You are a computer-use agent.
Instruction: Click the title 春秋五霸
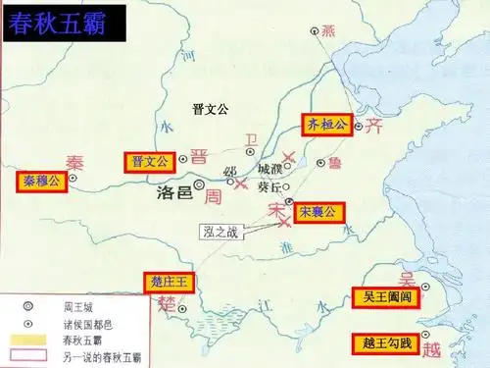pyautogui.click(x=60, y=25)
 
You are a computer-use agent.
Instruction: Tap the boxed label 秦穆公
pyautogui.click(x=42, y=181)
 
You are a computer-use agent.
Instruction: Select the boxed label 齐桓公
pyautogui.click(x=323, y=125)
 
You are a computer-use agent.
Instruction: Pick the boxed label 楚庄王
pyautogui.click(x=170, y=282)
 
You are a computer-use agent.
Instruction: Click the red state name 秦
pyautogui.click(x=75, y=162)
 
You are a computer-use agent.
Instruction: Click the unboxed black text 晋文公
pyautogui.click(x=209, y=107)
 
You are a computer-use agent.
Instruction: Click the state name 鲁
pyautogui.click(x=335, y=163)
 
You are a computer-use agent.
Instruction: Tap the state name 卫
pyautogui.click(x=252, y=140)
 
